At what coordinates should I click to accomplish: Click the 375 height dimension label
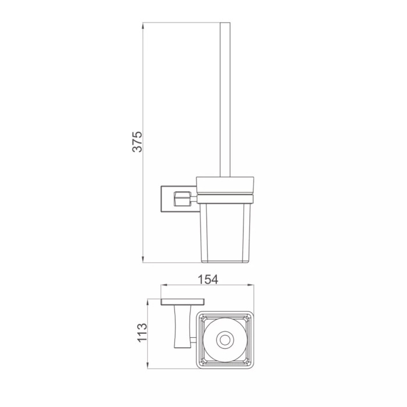137,142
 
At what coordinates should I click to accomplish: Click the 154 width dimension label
208,280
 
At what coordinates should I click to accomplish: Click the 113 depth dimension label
142,333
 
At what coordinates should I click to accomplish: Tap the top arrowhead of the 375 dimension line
143,26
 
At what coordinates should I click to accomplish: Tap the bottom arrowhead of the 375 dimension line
143,259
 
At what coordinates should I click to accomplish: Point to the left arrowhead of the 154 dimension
165,285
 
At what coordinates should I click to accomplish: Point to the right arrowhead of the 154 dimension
251,285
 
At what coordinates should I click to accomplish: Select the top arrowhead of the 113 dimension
148,302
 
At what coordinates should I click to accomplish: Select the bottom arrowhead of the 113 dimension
148,365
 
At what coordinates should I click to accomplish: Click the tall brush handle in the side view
225,99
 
